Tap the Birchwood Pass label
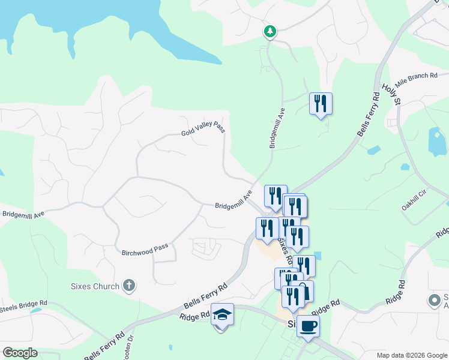pos(145,249)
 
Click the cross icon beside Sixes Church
pos(128,286)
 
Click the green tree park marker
pos(270,31)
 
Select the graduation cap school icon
pos(222,314)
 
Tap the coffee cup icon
pos(308,326)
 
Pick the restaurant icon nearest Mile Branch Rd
pos(321,104)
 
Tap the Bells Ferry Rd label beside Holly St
pos(367,114)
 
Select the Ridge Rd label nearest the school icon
pos(193,315)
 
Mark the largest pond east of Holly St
pos(436,142)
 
